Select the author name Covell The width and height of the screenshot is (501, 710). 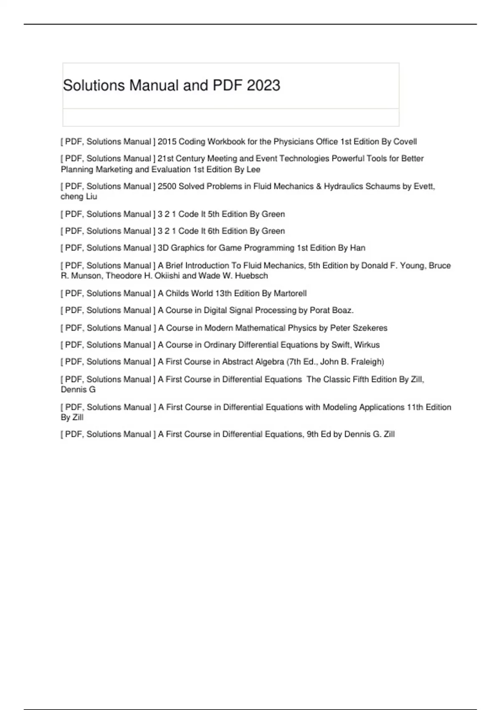(405, 142)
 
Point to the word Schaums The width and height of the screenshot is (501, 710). (382, 186)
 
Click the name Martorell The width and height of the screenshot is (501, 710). (290, 294)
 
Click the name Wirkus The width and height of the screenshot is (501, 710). (367, 345)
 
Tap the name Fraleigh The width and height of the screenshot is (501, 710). (367, 362)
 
